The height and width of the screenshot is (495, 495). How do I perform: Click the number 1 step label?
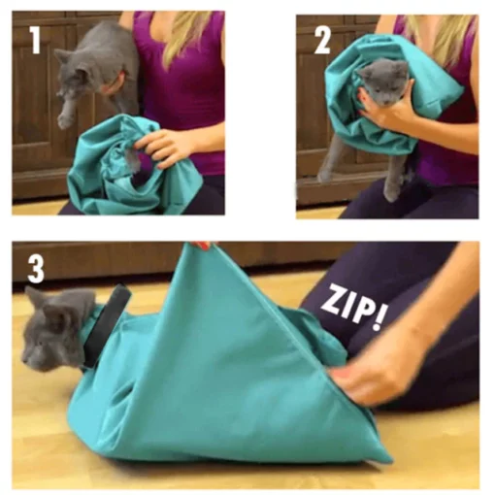[35, 40]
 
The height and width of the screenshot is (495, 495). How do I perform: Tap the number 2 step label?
[322, 40]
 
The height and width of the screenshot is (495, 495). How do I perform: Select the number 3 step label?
[36, 269]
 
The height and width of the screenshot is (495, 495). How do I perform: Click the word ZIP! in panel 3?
[353, 307]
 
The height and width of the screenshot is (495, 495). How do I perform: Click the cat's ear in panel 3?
[35, 297]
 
